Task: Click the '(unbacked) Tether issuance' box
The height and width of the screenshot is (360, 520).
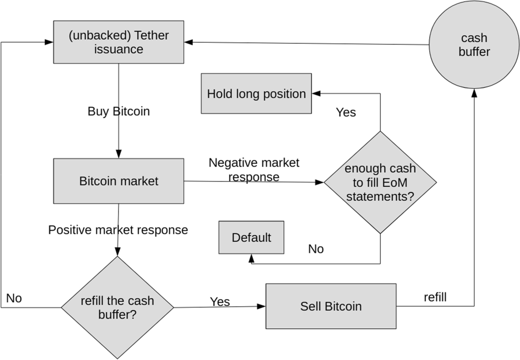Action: click(x=119, y=42)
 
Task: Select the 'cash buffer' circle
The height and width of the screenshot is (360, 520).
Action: click(x=474, y=45)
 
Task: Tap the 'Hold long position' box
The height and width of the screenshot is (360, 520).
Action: click(x=256, y=94)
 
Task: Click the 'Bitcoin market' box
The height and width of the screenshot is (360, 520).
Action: click(x=119, y=181)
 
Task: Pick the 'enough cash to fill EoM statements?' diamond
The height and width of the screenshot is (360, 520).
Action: click(x=380, y=182)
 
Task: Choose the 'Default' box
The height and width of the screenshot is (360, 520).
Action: click(x=251, y=238)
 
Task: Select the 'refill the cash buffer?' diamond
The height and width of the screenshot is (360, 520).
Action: click(x=117, y=307)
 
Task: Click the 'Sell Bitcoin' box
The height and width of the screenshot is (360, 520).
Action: click(x=331, y=306)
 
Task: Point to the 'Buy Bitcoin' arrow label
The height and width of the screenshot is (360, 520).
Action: click(x=119, y=111)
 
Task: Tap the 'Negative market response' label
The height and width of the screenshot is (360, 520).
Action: click(x=254, y=170)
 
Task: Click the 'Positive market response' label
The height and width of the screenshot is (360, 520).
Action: click(x=118, y=230)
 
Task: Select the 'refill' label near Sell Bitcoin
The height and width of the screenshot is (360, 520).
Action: click(x=435, y=297)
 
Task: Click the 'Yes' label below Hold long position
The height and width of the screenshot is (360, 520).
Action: click(x=345, y=112)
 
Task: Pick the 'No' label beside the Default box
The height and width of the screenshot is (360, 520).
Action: click(x=316, y=249)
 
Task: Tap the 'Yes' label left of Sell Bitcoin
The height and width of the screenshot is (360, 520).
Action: click(x=219, y=301)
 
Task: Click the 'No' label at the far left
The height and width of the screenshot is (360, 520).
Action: click(x=14, y=298)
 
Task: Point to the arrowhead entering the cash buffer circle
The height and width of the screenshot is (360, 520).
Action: click(x=474, y=92)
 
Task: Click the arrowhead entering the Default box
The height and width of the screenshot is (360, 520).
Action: click(x=251, y=257)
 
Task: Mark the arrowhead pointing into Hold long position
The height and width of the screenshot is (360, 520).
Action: click(x=315, y=93)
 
